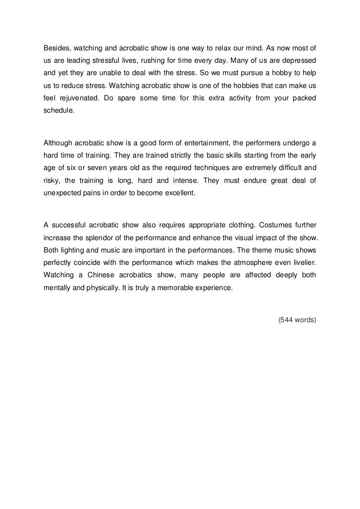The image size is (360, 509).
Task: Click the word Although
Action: click(x=58, y=144)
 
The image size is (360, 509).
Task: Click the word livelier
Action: click(x=302, y=263)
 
